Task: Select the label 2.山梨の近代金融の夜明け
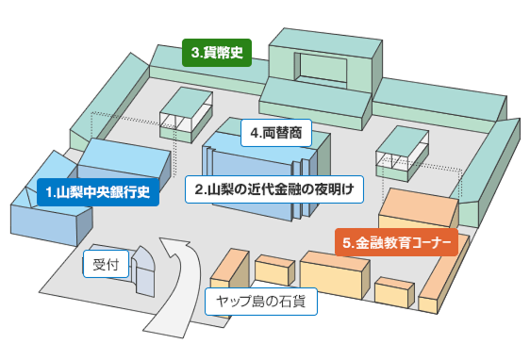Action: (273, 188)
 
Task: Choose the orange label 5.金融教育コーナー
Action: (396, 243)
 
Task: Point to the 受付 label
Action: (105, 266)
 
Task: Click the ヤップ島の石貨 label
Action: (261, 302)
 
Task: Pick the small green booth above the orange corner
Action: (403, 150)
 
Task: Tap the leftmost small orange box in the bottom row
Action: (229, 270)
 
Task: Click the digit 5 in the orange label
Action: (348, 243)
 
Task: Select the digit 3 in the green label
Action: (194, 54)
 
